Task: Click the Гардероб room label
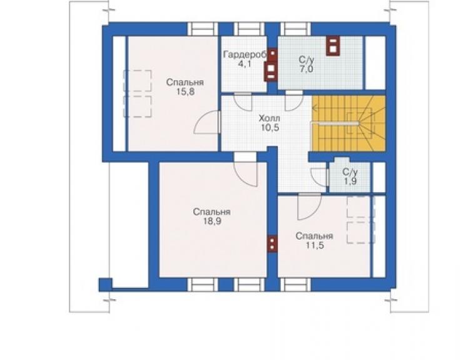246,55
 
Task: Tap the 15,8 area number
185,91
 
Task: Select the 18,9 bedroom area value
212,221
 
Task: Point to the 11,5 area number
315,245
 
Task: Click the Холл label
269,119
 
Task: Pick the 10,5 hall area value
270,128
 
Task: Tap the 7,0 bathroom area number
306,69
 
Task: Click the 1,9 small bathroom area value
350,181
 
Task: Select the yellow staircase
349,123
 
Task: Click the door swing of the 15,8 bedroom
206,123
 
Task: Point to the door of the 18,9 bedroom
246,174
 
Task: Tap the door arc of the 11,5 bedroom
310,207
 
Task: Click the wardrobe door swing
243,102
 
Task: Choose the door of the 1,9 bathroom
320,177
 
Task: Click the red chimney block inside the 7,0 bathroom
333,46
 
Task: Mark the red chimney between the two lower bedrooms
273,244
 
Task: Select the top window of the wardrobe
249,29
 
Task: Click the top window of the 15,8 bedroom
203,29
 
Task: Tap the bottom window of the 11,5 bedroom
295,285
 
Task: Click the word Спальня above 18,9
211,212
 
